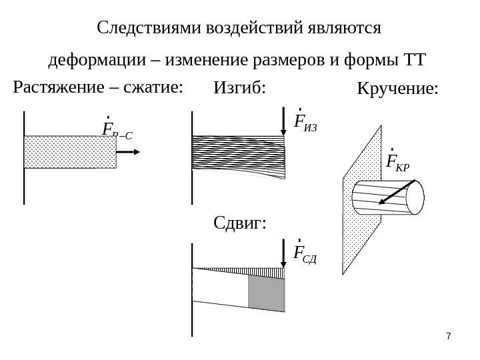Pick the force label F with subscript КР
click(397, 161)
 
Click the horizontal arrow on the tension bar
click(129, 152)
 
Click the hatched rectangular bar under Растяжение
click(70, 152)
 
